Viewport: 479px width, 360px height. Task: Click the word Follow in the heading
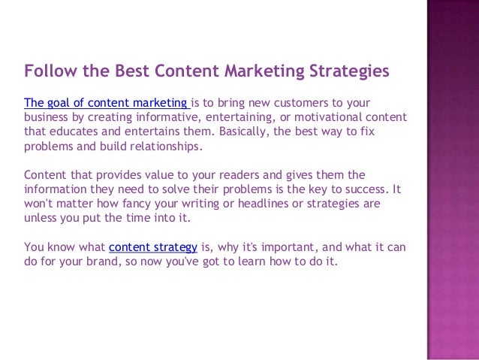(47, 71)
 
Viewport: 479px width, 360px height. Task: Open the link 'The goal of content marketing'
(107, 103)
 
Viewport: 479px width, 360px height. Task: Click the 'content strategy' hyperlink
(153, 247)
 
